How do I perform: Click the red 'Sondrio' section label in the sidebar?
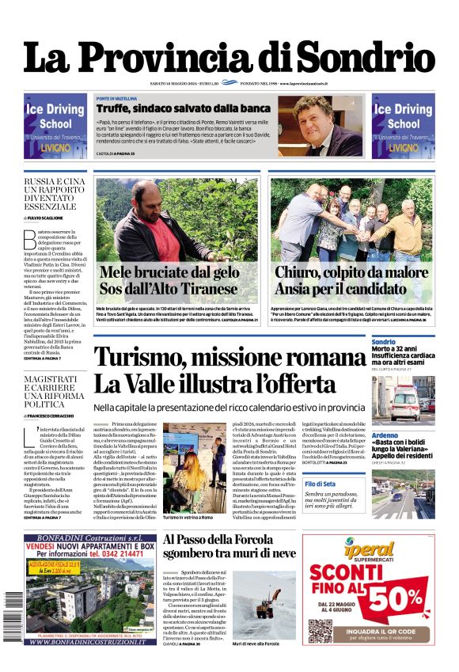(x=383, y=342)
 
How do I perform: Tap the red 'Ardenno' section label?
(x=385, y=435)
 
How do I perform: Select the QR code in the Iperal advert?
(x=320, y=630)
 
